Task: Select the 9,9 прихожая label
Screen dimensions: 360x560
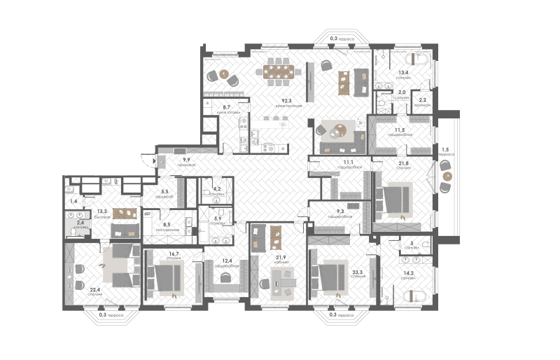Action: (x=186, y=162)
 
